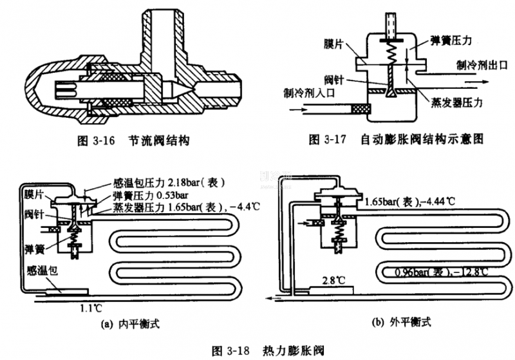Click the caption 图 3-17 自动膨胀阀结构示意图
pos(395,138)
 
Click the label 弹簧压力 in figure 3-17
pos(452,40)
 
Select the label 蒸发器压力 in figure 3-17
pos(458,102)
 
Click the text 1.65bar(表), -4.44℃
pos(409,201)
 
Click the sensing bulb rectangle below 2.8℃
pos(335,290)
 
